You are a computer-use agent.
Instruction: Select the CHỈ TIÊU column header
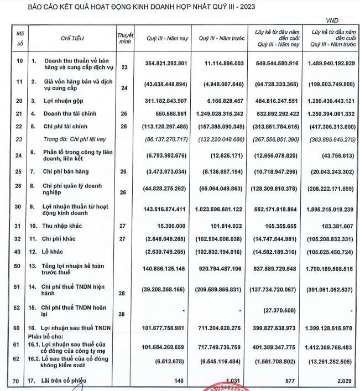(x=72, y=38)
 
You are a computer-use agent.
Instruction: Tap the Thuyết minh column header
(x=125, y=38)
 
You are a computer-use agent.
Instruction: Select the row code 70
(x=20, y=381)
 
